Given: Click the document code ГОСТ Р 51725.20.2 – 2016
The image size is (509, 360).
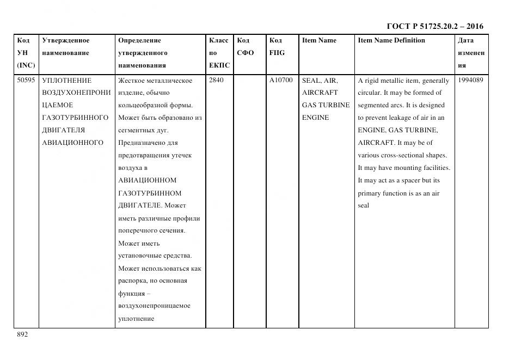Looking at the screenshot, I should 434,26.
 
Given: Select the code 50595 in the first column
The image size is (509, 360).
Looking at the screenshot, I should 26,81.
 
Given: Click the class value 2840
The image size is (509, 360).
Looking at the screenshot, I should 216,81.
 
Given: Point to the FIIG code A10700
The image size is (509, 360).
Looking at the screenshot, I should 281,81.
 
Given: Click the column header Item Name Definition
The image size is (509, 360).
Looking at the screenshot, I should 391,41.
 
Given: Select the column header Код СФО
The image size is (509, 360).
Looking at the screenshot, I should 246,47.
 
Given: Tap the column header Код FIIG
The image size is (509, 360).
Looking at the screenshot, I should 277,47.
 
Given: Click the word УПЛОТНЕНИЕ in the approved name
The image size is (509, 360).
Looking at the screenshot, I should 67,81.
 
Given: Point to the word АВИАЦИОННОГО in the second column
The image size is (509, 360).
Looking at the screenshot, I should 72,143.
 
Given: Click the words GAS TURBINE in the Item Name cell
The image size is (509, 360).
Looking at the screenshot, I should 326,105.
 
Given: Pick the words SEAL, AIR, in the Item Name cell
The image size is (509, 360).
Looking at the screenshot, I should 320,81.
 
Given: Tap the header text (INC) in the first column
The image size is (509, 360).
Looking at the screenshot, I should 26,65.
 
